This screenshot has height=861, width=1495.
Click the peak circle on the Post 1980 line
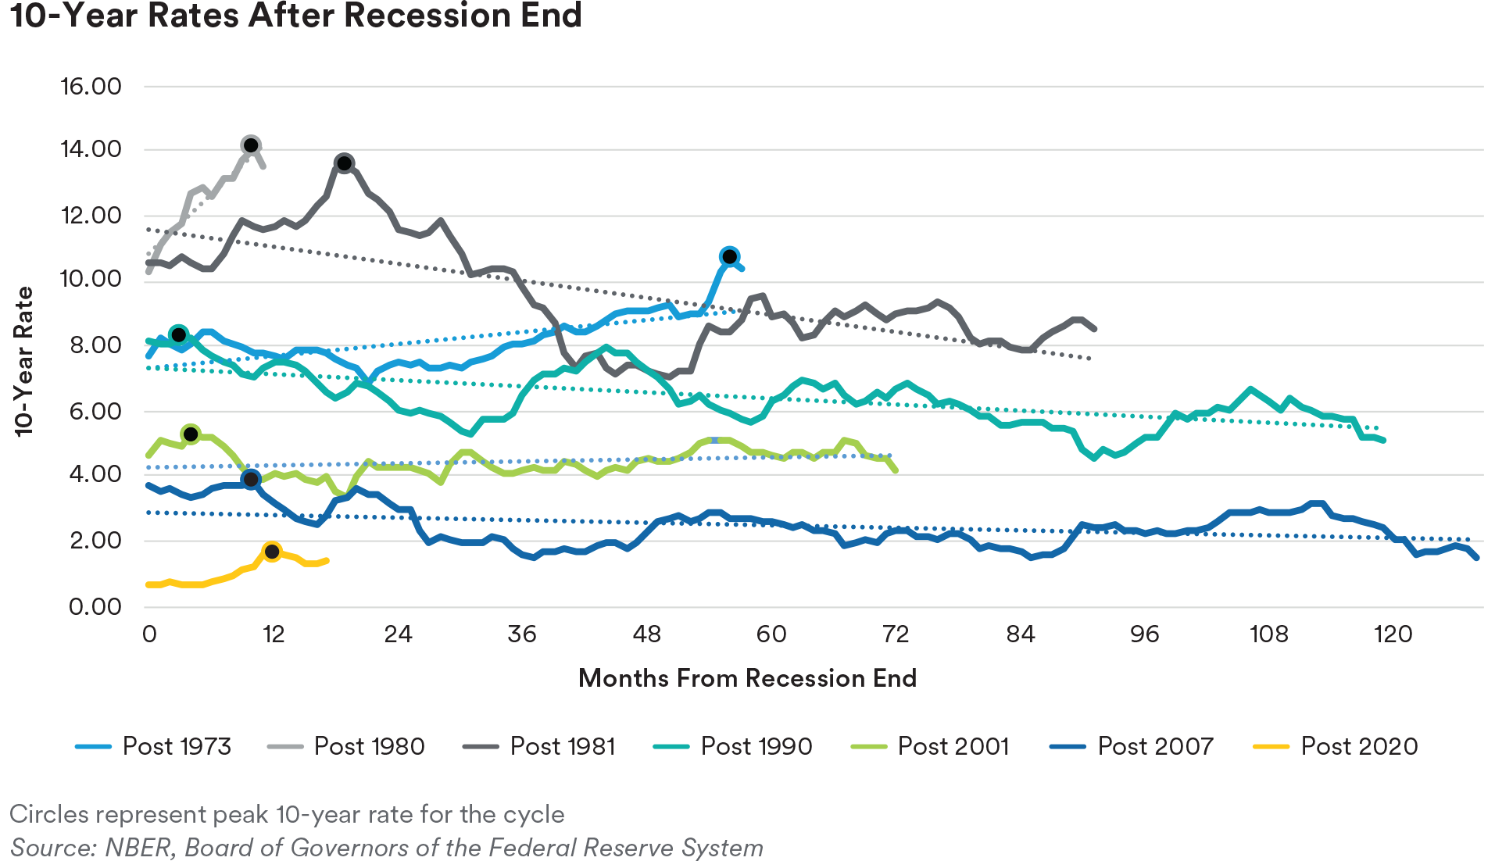[x=251, y=145]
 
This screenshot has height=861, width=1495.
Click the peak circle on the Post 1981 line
[x=345, y=163]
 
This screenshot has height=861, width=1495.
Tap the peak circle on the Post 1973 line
[x=730, y=256]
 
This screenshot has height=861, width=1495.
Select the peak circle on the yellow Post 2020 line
[x=272, y=552]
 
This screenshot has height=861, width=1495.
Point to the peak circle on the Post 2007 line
[x=251, y=479]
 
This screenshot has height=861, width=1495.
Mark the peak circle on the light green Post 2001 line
[x=191, y=434]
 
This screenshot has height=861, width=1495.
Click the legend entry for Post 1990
[x=733, y=746]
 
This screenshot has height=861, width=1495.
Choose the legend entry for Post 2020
[x=1336, y=746]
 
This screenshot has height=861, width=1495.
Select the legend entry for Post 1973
[x=154, y=746]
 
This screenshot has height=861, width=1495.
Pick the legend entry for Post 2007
[x=1132, y=746]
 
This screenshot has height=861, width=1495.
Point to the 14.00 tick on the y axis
[x=91, y=148]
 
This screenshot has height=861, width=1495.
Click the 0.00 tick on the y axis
[x=95, y=606]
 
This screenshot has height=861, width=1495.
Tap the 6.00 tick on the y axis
[x=95, y=411]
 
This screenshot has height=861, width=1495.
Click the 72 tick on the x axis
[x=896, y=634]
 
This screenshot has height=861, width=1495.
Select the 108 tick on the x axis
[x=1268, y=634]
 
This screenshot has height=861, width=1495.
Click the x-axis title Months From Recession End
[x=747, y=677]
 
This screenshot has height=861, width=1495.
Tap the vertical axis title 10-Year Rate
[x=24, y=361]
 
